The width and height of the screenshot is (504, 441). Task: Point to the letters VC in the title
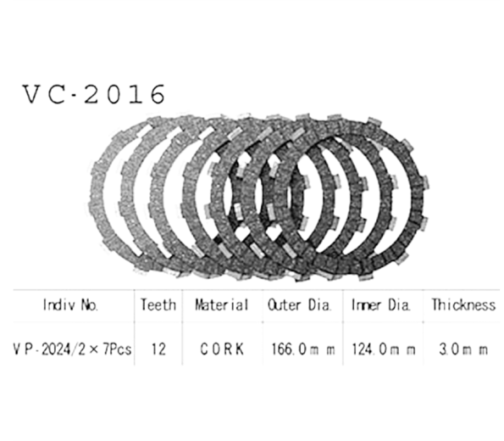coord(44,94)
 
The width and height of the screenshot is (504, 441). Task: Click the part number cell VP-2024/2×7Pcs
coord(70,349)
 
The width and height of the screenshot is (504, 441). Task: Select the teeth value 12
coord(158,349)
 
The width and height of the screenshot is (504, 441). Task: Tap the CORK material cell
coord(221,349)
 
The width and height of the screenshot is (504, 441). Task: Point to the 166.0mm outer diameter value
coord(301,349)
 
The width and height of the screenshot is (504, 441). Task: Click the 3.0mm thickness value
coord(462,349)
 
